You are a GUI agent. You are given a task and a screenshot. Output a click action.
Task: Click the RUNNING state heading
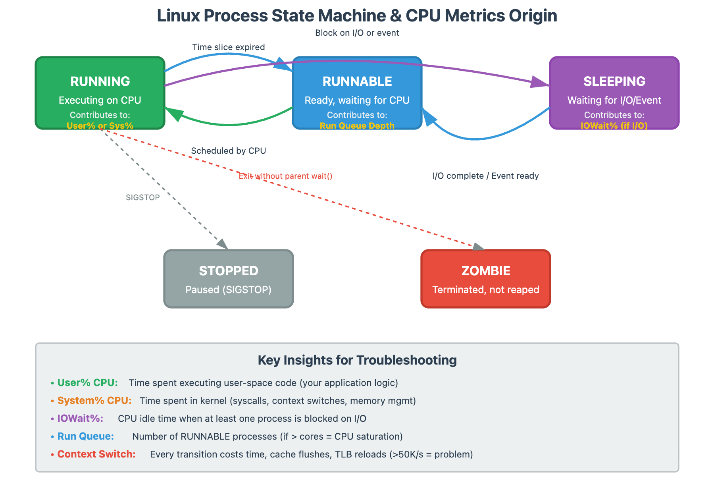pos(100,81)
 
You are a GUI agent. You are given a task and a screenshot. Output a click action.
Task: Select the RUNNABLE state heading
pos(357,81)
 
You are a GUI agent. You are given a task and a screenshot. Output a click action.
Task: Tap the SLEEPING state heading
pos(614,81)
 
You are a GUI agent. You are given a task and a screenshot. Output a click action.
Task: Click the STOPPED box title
pos(229,271)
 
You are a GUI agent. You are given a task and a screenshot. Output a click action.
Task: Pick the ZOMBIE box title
pos(486,271)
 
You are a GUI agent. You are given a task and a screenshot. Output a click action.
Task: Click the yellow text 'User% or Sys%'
pos(100,126)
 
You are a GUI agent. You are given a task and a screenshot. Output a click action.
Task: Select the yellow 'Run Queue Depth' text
pos(357,126)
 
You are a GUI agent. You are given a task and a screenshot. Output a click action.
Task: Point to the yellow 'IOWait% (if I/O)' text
pos(614,126)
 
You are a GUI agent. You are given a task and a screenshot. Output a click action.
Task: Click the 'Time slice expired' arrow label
pos(229,47)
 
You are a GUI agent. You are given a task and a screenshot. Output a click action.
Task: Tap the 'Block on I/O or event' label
pos(357,33)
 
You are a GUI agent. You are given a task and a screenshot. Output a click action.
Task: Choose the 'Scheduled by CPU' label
pos(229,151)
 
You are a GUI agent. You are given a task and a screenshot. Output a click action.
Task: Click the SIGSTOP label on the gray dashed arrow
pos(143,197)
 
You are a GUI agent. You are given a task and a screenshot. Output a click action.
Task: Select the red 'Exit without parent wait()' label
pos(286,176)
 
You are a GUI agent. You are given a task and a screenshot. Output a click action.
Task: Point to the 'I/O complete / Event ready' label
pos(486,176)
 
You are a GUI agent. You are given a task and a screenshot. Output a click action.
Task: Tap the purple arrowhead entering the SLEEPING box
pos(540,82)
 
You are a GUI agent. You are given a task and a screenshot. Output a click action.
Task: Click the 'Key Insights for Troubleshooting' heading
pos(357,360)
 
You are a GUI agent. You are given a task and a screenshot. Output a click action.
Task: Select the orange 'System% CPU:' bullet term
pos(94,401)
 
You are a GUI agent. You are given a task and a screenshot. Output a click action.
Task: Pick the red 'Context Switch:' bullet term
pos(96,454)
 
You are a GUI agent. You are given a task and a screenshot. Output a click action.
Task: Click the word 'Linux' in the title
pos(178,16)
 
